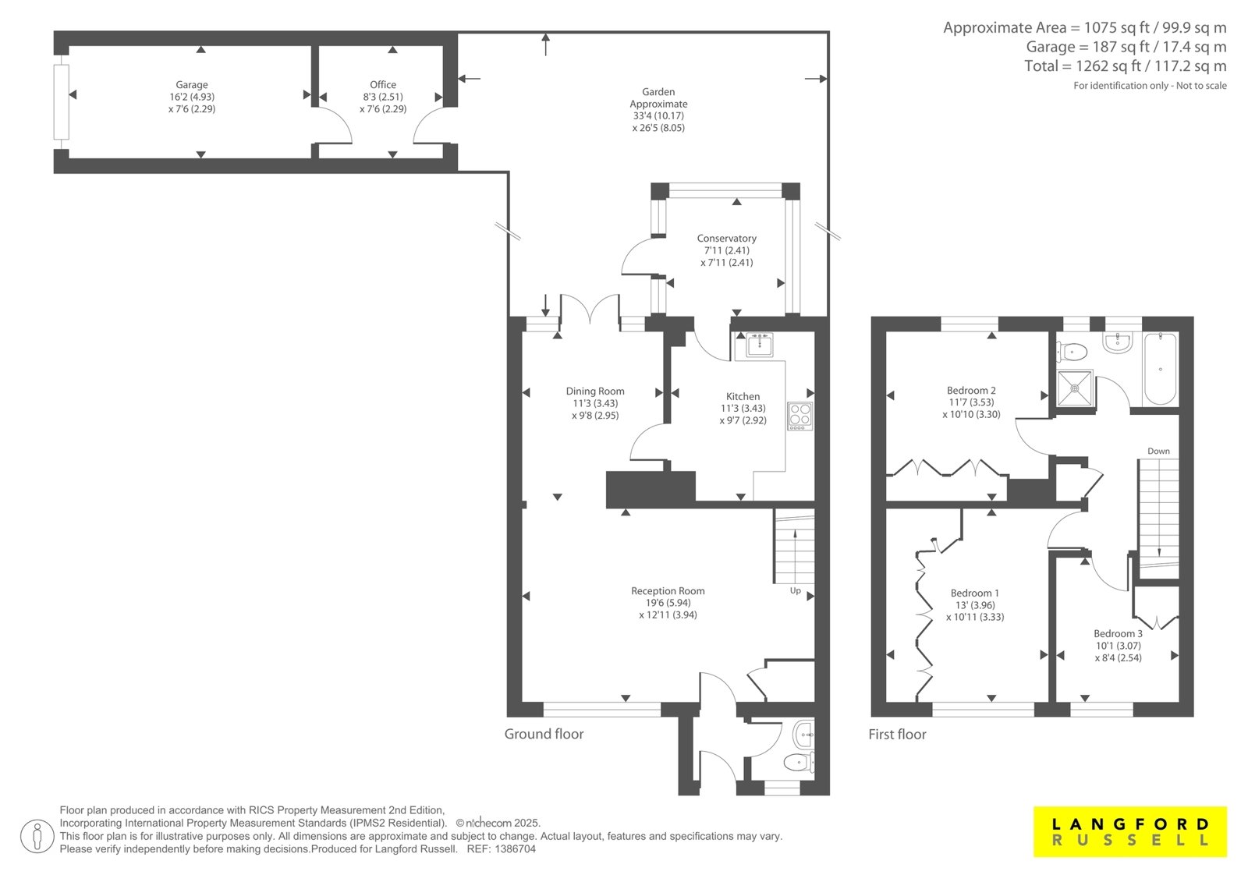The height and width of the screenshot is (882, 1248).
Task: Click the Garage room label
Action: tap(192, 85)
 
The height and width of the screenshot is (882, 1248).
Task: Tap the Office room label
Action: tap(383, 85)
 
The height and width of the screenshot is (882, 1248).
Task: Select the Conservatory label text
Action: tap(726, 239)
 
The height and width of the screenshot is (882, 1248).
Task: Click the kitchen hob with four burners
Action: tap(800, 416)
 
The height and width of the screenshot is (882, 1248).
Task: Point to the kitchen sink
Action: tap(759, 345)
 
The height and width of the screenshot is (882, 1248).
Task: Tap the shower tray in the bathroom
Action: tap(1075, 388)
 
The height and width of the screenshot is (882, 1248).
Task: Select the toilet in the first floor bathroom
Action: tap(1072, 352)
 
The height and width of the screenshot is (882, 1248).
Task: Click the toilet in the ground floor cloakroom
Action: tap(799, 762)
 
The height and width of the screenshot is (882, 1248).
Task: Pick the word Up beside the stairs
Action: tap(795, 590)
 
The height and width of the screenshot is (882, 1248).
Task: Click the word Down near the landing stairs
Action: tap(1158, 452)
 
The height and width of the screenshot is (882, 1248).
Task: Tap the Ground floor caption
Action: tap(544, 734)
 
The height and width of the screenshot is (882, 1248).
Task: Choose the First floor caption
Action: tap(897, 735)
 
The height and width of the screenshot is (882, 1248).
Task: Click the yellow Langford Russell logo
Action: tap(1130, 831)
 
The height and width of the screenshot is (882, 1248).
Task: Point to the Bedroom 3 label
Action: tap(1118, 633)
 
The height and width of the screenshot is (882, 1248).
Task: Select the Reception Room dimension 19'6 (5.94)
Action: tap(668, 603)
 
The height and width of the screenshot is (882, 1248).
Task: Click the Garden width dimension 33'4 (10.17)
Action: tap(658, 116)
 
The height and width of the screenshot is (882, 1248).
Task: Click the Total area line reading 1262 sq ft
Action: tap(1126, 66)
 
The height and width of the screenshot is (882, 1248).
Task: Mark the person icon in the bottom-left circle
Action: tap(37, 836)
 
